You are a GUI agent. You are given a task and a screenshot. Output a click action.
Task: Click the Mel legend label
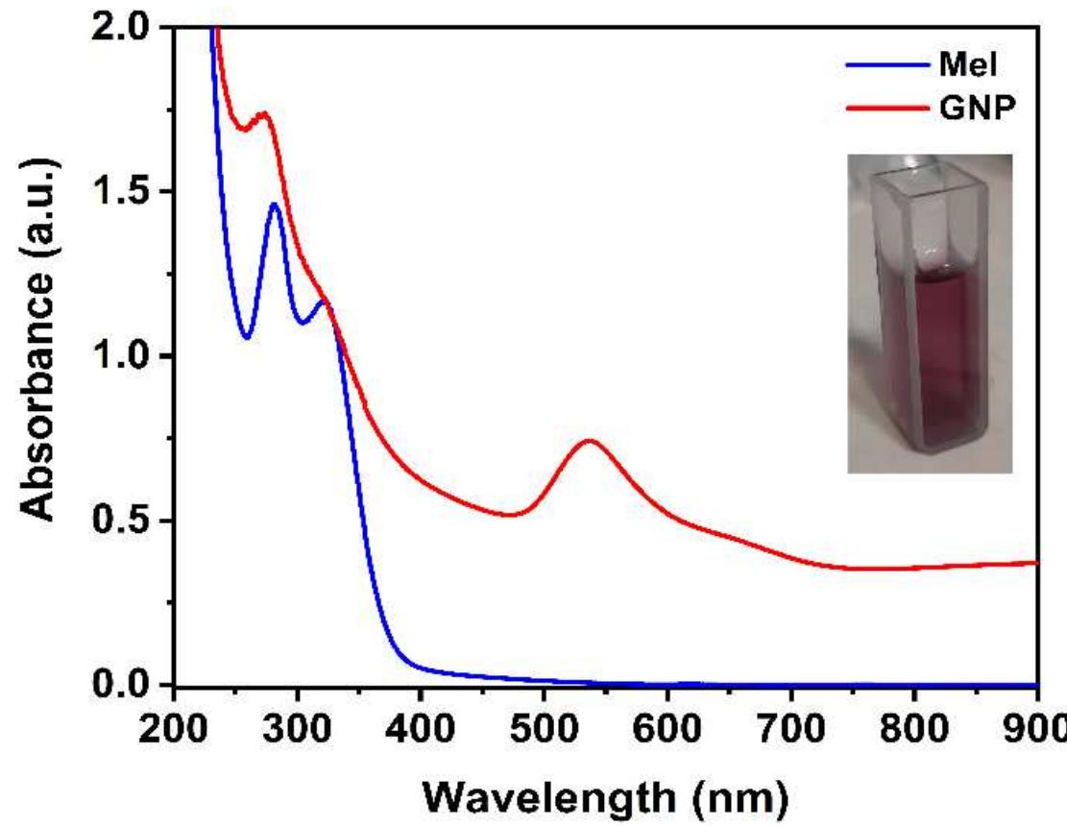963,65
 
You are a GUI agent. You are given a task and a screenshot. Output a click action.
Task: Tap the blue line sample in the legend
886,65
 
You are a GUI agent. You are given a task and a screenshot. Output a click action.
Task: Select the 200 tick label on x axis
174,722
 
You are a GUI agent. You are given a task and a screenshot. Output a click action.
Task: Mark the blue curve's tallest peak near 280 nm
275,204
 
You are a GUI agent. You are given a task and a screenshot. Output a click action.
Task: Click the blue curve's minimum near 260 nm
248,338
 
